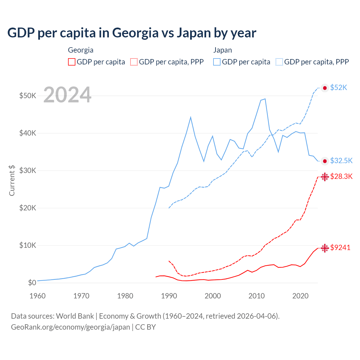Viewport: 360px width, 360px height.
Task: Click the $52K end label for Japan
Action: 339,88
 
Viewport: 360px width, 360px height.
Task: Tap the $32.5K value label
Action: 341,161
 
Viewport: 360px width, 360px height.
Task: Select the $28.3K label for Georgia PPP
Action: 341,176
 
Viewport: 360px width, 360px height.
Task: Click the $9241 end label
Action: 340,247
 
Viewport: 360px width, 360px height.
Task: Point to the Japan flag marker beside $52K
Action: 325,88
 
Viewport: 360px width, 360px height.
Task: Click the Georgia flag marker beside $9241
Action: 325,248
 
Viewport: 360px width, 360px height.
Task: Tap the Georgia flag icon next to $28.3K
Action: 325,177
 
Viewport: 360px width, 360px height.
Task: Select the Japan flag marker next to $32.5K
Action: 325,161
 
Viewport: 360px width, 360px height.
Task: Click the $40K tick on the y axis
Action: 28,133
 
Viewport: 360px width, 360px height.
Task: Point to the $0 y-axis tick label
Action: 32,283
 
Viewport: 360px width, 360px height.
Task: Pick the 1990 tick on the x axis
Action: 169,296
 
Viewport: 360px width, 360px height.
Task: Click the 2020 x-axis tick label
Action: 300,296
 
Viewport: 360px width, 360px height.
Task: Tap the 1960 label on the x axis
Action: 37,296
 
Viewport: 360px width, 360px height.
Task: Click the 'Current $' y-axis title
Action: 12,180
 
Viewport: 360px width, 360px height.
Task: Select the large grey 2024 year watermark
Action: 67,95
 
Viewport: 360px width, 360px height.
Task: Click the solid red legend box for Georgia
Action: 72,62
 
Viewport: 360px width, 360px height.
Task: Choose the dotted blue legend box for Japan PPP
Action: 279,62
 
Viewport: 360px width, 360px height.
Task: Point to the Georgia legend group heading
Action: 81,50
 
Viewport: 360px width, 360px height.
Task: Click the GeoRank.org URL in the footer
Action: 70,327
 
